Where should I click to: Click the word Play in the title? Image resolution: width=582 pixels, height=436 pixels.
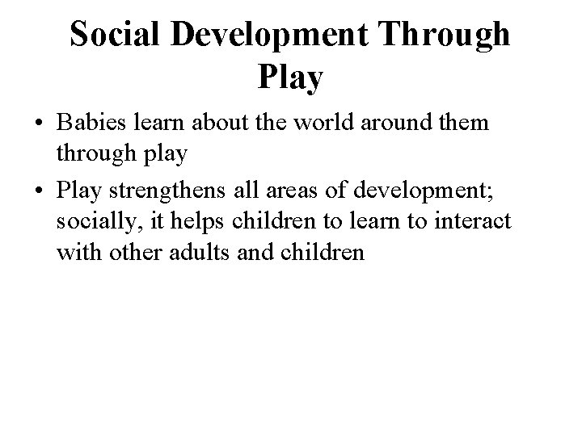point(290,78)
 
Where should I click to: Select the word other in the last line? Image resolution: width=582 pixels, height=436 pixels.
point(137,252)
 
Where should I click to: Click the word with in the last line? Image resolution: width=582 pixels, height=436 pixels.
point(78,252)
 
